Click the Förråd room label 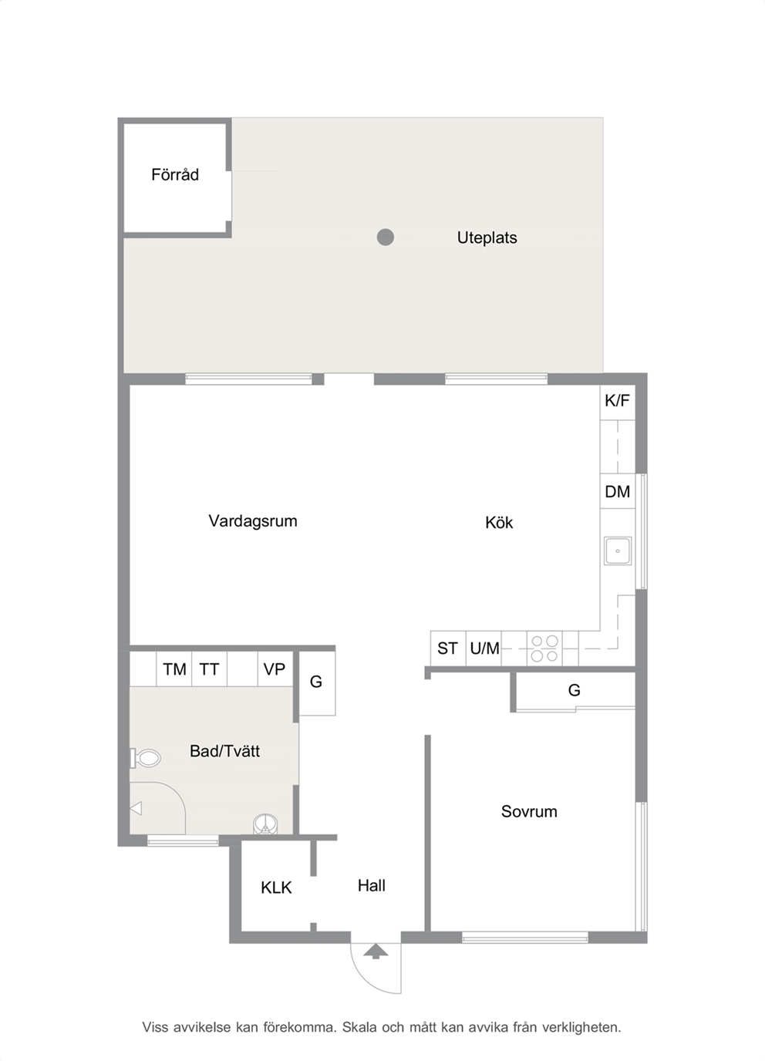175,175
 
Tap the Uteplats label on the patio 487,237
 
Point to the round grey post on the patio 386,237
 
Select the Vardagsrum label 253,521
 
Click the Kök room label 499,523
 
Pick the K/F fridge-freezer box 618,403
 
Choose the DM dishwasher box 618,491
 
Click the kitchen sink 618,551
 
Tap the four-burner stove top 544,648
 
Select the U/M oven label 484,648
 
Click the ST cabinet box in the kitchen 448,648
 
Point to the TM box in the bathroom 174,669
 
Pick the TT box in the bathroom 209,669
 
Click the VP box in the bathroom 275,669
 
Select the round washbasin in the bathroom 265,824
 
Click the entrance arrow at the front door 376,951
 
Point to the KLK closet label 276,888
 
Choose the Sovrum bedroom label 529,811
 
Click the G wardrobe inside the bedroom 575,691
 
